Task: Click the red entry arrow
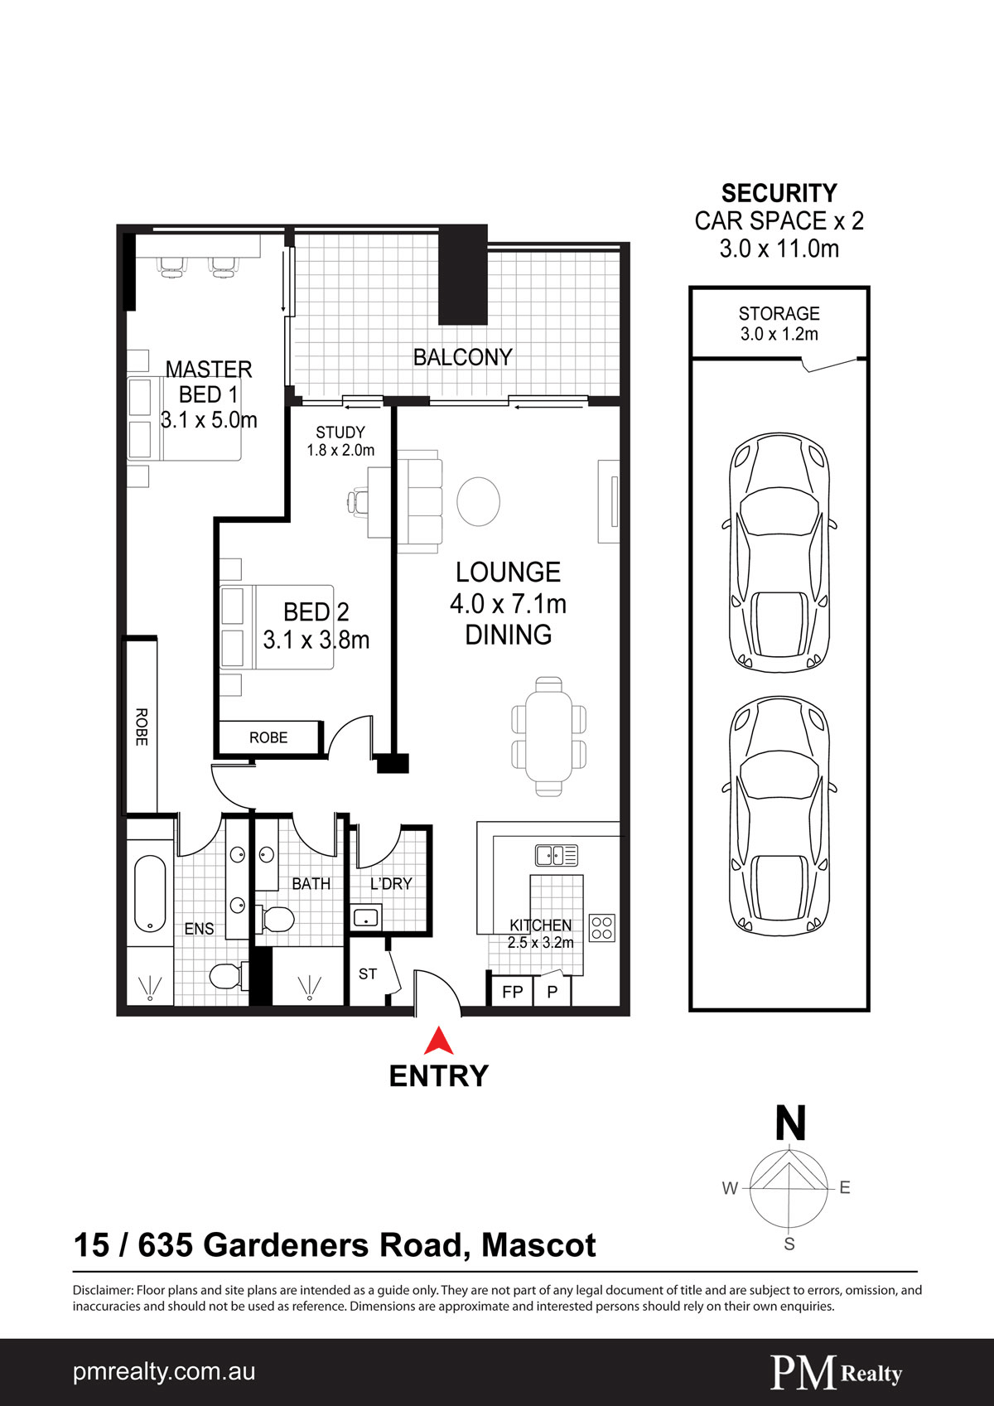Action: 439,1041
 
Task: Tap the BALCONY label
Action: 462,357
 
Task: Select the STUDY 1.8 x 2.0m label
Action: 340,442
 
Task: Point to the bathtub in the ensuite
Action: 150,894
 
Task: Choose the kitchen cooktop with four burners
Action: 602,928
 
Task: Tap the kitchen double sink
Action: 556,855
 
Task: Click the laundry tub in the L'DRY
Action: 366,918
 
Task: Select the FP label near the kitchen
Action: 512,992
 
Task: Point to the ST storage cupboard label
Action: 368,974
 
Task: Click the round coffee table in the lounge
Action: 478,501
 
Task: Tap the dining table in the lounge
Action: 548,737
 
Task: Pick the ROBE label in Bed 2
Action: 268,737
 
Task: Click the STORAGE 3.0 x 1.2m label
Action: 779,323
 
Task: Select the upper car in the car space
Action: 779,552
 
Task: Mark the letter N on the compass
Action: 790,1123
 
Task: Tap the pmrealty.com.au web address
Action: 164,1372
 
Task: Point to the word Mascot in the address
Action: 538,1245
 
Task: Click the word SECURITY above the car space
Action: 779,193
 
